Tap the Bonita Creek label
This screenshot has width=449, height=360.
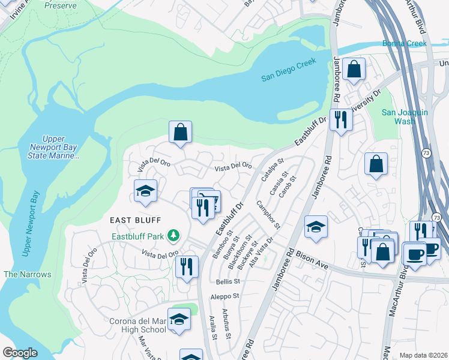(x=405, y=43)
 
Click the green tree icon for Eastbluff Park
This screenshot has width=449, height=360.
(x=173, y=235)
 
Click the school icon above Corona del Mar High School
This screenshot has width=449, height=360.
(x=179, y=320)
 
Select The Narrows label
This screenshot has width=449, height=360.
(x=27, y=274)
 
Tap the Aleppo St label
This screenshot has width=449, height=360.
(x=224, y=296)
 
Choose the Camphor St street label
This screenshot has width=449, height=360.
(x=268, y=215)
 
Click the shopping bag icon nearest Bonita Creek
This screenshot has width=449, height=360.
(x=354, y=69)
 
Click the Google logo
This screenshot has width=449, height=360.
(x=20, y=353)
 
